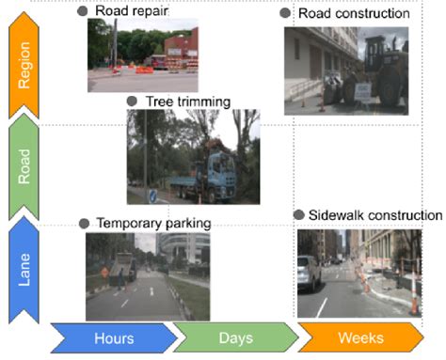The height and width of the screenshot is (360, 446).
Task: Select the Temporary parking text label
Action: [x=151, y=223]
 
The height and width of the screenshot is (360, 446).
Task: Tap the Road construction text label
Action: [x=353, y=13]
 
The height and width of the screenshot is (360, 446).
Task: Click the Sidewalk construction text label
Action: [x=374, y=215]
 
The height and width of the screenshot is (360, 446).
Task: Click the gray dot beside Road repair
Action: [x=83, y=10]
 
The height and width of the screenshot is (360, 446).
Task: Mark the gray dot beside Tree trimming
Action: [x=133, y=101]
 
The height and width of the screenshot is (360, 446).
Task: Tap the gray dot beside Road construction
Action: [x=285, y=13]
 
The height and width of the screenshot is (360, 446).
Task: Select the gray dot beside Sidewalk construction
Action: [x=298, y=215]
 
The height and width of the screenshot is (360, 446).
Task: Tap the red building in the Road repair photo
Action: [x=182, y=46]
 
